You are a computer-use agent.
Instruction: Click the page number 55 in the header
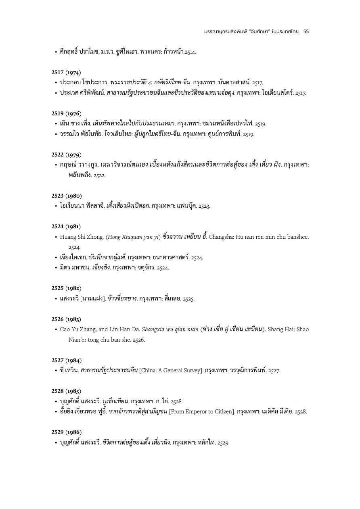point(306,31)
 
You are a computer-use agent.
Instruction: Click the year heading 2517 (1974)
point(66,73)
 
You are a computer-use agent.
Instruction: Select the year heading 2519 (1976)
point(66,113)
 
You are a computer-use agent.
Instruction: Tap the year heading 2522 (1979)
point(66,154)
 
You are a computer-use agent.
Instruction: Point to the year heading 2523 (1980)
point(66,196)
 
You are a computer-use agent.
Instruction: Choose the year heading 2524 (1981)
point(66,226)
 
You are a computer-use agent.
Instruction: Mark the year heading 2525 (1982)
point(66,288)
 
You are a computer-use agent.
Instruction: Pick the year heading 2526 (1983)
point(66,319)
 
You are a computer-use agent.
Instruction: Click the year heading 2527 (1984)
point(66,360)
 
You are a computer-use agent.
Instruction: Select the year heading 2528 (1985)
point(66,391)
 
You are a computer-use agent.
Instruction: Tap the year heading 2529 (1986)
point(66,432)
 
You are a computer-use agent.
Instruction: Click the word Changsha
point(221,237)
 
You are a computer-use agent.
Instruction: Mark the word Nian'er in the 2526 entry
point(78,340)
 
